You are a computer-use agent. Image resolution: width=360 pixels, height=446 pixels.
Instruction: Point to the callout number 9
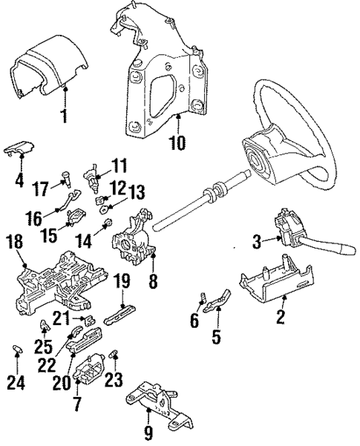pos(148,431)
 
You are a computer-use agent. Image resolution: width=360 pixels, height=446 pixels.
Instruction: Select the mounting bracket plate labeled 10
pos(160,82)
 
